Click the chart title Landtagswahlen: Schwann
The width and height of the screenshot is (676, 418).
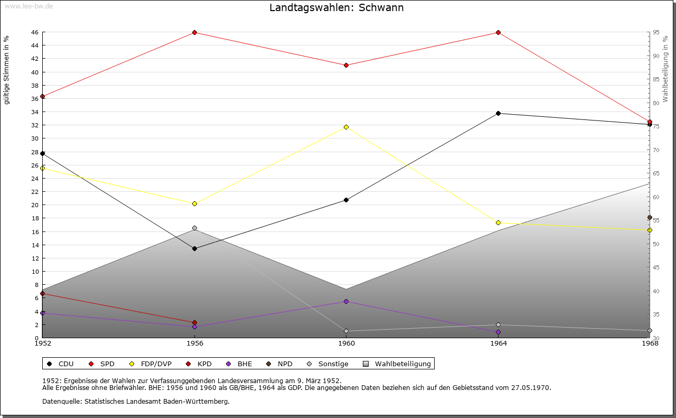(336, 8)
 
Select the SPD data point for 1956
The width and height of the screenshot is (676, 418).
(194, 33)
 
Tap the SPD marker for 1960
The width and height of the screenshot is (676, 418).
(346, 66)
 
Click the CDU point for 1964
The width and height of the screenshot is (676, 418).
(498, 114)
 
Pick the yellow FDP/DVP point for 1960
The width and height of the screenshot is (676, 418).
(346, 127)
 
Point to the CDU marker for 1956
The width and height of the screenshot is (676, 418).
(194, 248)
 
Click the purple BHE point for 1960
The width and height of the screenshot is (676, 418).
(346, 302)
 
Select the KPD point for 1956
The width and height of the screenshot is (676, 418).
(194, 323)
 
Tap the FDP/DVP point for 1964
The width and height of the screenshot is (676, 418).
(498, 223)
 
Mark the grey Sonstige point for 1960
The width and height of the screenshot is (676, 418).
(346, 331)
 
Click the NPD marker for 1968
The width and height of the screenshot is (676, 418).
(650, 218)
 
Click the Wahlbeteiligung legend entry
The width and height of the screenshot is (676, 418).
(402, 364)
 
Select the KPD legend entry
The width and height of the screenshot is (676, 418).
(204, 364)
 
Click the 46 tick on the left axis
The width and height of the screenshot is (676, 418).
(34, 33)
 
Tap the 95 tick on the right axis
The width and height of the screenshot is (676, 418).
(655, 33)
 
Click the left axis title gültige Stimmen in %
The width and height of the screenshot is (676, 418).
(7, 70)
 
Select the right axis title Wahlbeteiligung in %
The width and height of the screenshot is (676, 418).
(665, 69)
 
